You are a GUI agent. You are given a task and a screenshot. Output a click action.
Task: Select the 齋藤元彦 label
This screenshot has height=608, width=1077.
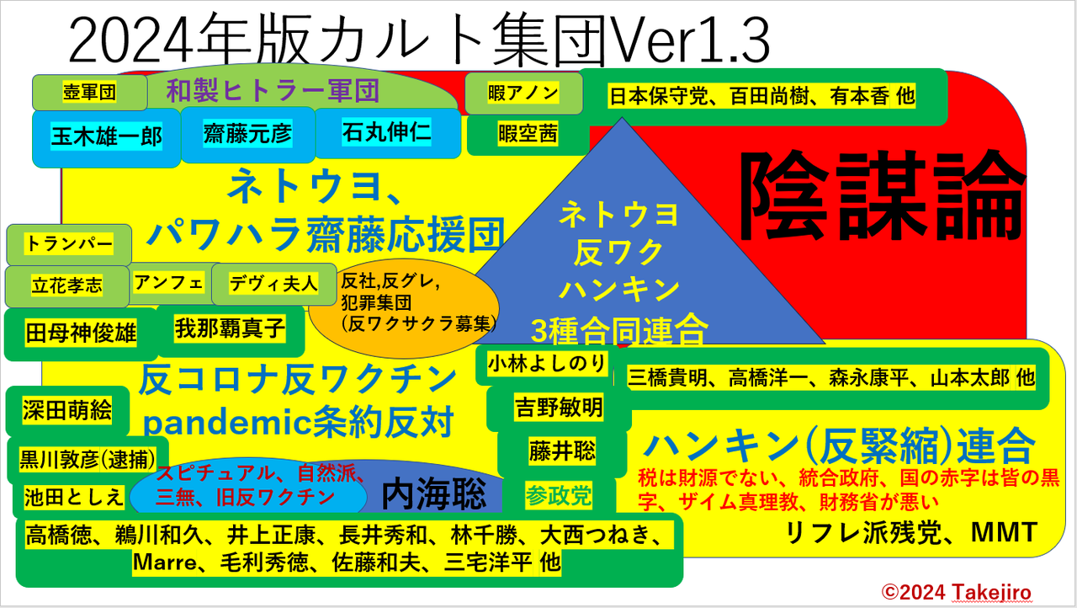(x=247, y=134)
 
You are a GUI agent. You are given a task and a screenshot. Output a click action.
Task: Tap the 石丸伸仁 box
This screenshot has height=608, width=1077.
(x=387, y=132)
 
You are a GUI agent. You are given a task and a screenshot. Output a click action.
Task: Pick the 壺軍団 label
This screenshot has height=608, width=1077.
(x=89, y=92)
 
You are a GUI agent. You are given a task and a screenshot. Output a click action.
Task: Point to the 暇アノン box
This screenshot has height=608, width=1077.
(x=523, y=93)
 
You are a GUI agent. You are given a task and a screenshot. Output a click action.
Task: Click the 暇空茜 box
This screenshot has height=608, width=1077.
(x=528, y=134)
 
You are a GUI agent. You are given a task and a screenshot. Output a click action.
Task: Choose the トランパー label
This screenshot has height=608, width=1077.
(x=69, y=244)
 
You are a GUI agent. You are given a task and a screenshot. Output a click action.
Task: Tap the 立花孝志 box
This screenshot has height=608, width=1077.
(x=67, y=286)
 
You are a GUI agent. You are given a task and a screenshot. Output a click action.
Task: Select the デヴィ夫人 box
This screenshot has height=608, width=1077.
(x=273, y=284)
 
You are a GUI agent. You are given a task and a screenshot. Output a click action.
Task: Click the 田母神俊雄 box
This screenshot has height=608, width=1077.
(x=81, y=333)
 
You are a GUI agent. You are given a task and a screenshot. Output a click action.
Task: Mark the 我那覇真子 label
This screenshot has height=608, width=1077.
(x=231, y=329)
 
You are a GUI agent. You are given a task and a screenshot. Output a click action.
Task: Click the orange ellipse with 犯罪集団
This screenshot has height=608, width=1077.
(x=404, y=309)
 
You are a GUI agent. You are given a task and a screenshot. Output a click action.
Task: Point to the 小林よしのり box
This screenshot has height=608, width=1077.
(x=546, y=364)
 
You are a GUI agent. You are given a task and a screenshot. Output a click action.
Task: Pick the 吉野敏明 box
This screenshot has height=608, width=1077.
(x=559, y=408)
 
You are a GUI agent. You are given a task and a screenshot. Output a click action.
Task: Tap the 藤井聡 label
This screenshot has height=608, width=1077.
(x=562, y=451)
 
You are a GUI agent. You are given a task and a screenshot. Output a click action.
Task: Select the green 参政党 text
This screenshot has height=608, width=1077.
(x=558, y=495)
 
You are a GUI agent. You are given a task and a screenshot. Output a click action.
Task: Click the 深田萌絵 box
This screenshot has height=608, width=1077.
(x=67, y=411)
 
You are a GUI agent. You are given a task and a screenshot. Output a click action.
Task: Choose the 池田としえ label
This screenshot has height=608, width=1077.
(x=74, y=498)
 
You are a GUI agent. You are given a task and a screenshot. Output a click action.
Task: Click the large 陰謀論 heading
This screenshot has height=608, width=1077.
(x=881, y=195)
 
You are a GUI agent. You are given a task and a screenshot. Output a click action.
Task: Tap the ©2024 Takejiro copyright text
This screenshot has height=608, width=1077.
(x=957, y=592)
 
